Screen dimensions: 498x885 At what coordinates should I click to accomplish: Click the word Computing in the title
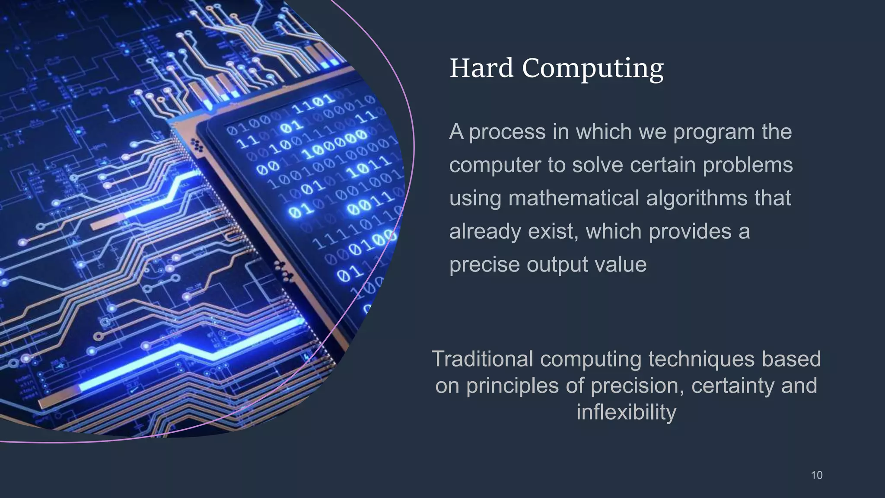point(592,69)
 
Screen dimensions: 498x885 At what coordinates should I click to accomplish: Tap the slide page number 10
point(816,475)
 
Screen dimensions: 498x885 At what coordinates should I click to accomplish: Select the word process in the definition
point(507,132)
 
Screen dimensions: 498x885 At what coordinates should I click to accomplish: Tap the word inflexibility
point(626,412)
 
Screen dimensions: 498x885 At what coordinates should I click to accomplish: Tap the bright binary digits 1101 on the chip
point(313,104)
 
